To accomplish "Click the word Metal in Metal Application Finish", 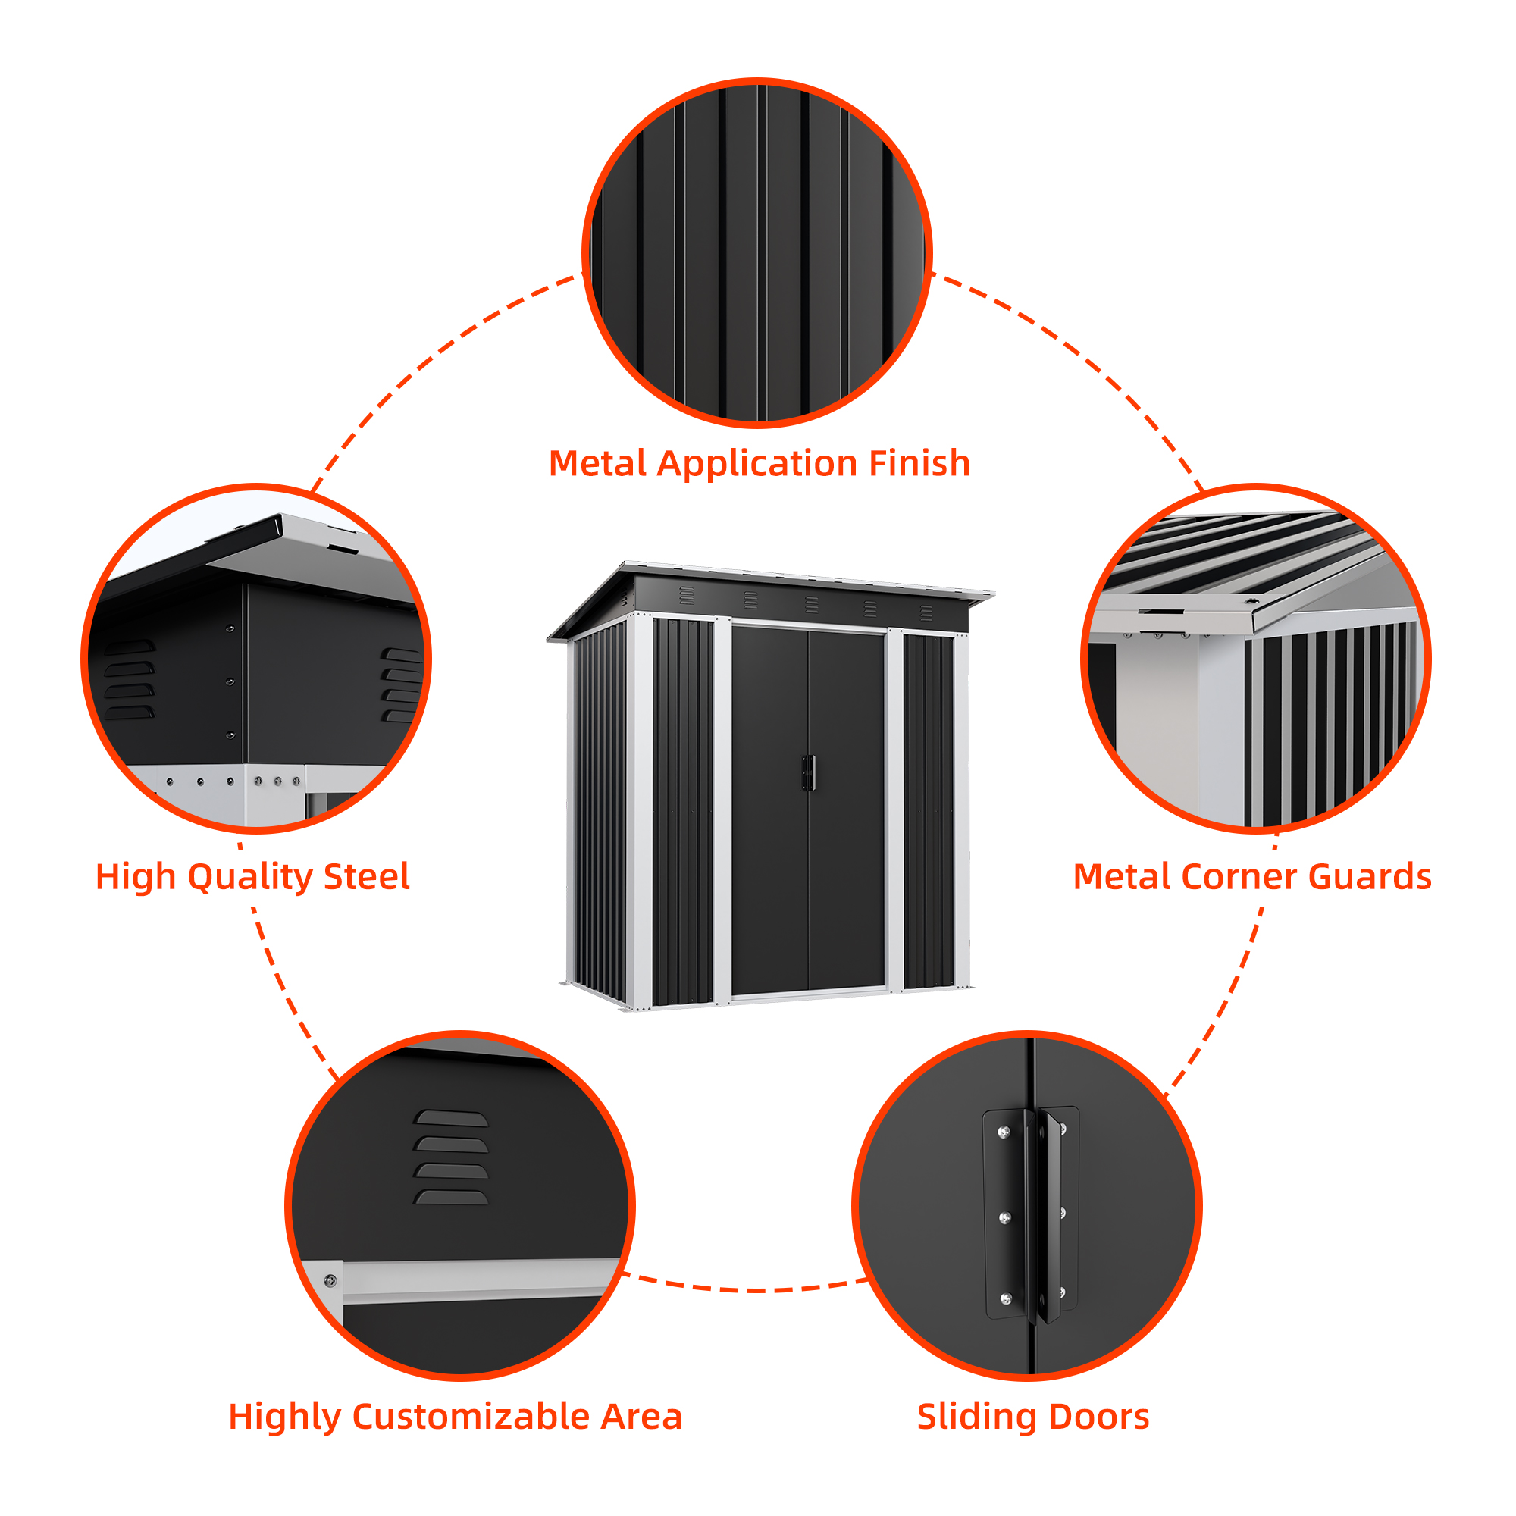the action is pyautogui.click(x=599, y=463).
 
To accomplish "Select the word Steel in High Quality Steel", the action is pyautogui.click(x=366, y=876).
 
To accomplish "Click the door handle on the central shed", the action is pyautogui.click(x=808, y=773).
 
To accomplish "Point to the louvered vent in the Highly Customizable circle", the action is pyautogui.click(x=450, y=1157).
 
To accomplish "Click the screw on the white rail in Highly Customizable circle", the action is pyautogui.click(x=330, y=1281).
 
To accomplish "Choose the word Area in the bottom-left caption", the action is pyautogui.click(x=641, y=1417).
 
